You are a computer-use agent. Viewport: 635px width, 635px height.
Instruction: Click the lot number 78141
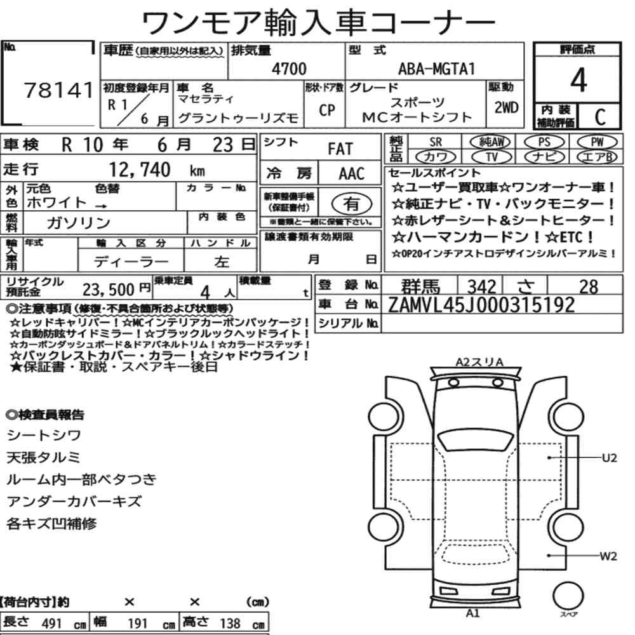(x=59, y=90)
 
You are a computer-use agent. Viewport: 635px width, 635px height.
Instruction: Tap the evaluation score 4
(x=578, y=80)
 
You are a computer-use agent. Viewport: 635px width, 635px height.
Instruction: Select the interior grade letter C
(x=600, y=117)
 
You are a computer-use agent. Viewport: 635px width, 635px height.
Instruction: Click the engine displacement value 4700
(x=289, y=69)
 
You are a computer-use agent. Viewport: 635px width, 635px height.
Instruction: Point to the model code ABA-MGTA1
(x=436, y=69)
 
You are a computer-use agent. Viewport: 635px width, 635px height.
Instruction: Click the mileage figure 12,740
(x=140, y=170)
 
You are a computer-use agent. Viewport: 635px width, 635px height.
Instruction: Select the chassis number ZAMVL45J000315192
(x=481, y=305)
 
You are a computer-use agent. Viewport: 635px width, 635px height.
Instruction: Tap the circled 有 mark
(x=352, y=203)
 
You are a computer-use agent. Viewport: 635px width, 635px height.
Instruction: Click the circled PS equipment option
(x=544, y=142)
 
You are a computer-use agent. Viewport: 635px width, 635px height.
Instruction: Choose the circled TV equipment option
(x=491, y=157)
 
